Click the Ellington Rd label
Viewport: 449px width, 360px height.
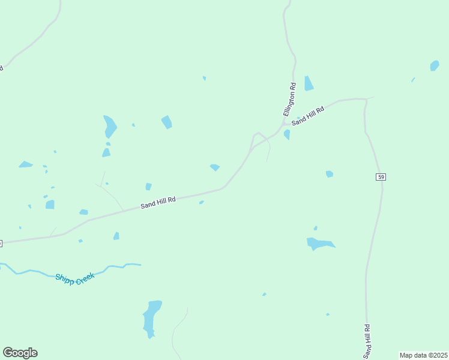tap(290, 100)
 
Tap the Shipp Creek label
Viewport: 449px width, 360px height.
tap(74, 279)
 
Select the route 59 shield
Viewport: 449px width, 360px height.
tap(381, 176)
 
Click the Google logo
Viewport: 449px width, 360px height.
tap(20, 353)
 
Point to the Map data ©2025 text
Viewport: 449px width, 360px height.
tap(424, 355)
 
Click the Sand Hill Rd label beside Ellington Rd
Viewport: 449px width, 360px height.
tap(308, 116)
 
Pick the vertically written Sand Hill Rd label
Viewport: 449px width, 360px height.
tap(366, 340)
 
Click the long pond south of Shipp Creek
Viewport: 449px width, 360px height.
tap(152, 317)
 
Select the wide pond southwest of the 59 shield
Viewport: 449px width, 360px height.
tap(318, 244)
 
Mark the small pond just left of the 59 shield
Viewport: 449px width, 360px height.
tap(329, 174)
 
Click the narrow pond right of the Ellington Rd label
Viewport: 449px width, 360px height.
tap(309, 83)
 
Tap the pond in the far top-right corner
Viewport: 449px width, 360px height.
tap(435, 65)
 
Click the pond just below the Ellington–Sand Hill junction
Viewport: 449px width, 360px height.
tap(287, 134)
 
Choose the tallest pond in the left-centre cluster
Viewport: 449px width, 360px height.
tap(109, 126)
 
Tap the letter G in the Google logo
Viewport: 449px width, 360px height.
tap(8, 353)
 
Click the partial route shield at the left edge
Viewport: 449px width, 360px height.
tap(1, 243)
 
